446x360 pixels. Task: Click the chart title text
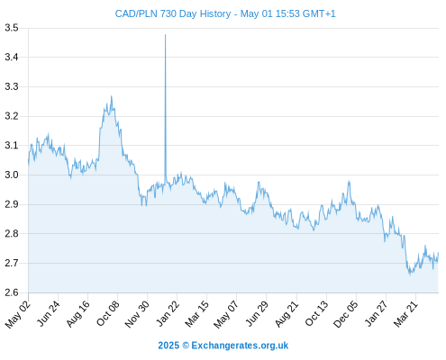click(225, 13)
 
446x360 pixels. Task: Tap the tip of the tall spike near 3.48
click(165, 35)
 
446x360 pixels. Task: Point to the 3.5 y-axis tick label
click(12, 28)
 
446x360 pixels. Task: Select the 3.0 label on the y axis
click(12, 175)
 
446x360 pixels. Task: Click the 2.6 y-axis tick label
click(12, 292)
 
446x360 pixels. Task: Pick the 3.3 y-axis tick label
click(12, 86)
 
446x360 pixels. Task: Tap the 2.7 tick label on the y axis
click(12, 263)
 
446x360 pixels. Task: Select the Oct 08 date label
click(107, 313)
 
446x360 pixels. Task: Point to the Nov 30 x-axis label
click(137, 313)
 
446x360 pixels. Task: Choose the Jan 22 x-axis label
click(168, 313)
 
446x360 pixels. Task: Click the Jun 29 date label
click(257, 313)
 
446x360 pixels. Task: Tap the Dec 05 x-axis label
click(346, 313)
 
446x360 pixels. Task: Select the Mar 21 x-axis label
click(405, 313)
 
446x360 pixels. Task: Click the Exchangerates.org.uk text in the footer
click(240, 346)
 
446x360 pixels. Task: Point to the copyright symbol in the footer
click(186, 346)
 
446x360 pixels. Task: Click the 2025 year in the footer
click(168, 346)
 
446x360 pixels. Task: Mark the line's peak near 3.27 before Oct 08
click(112, 96)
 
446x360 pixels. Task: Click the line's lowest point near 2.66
click(410, 274)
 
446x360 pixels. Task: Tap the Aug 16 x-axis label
click(77, 313)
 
